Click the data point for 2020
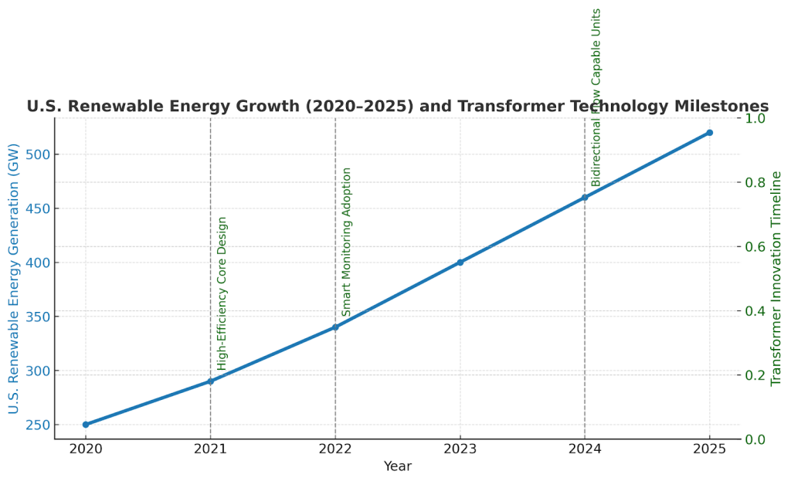[86, 425]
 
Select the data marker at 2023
[460, 263]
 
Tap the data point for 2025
[709, 133]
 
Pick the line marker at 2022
[335, 327]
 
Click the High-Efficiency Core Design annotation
[222, 293]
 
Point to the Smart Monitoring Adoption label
[347, 242]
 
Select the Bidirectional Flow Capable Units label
[596, 97]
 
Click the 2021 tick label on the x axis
[210, 449]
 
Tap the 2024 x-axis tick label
[585, 449]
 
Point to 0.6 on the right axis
[756, 247]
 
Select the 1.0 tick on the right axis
[756, 118]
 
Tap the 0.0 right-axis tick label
[756, 439]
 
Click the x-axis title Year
[398, 466]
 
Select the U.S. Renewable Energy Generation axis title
[14, 279]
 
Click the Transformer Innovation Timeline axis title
[777, 279]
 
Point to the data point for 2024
[585, 198]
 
